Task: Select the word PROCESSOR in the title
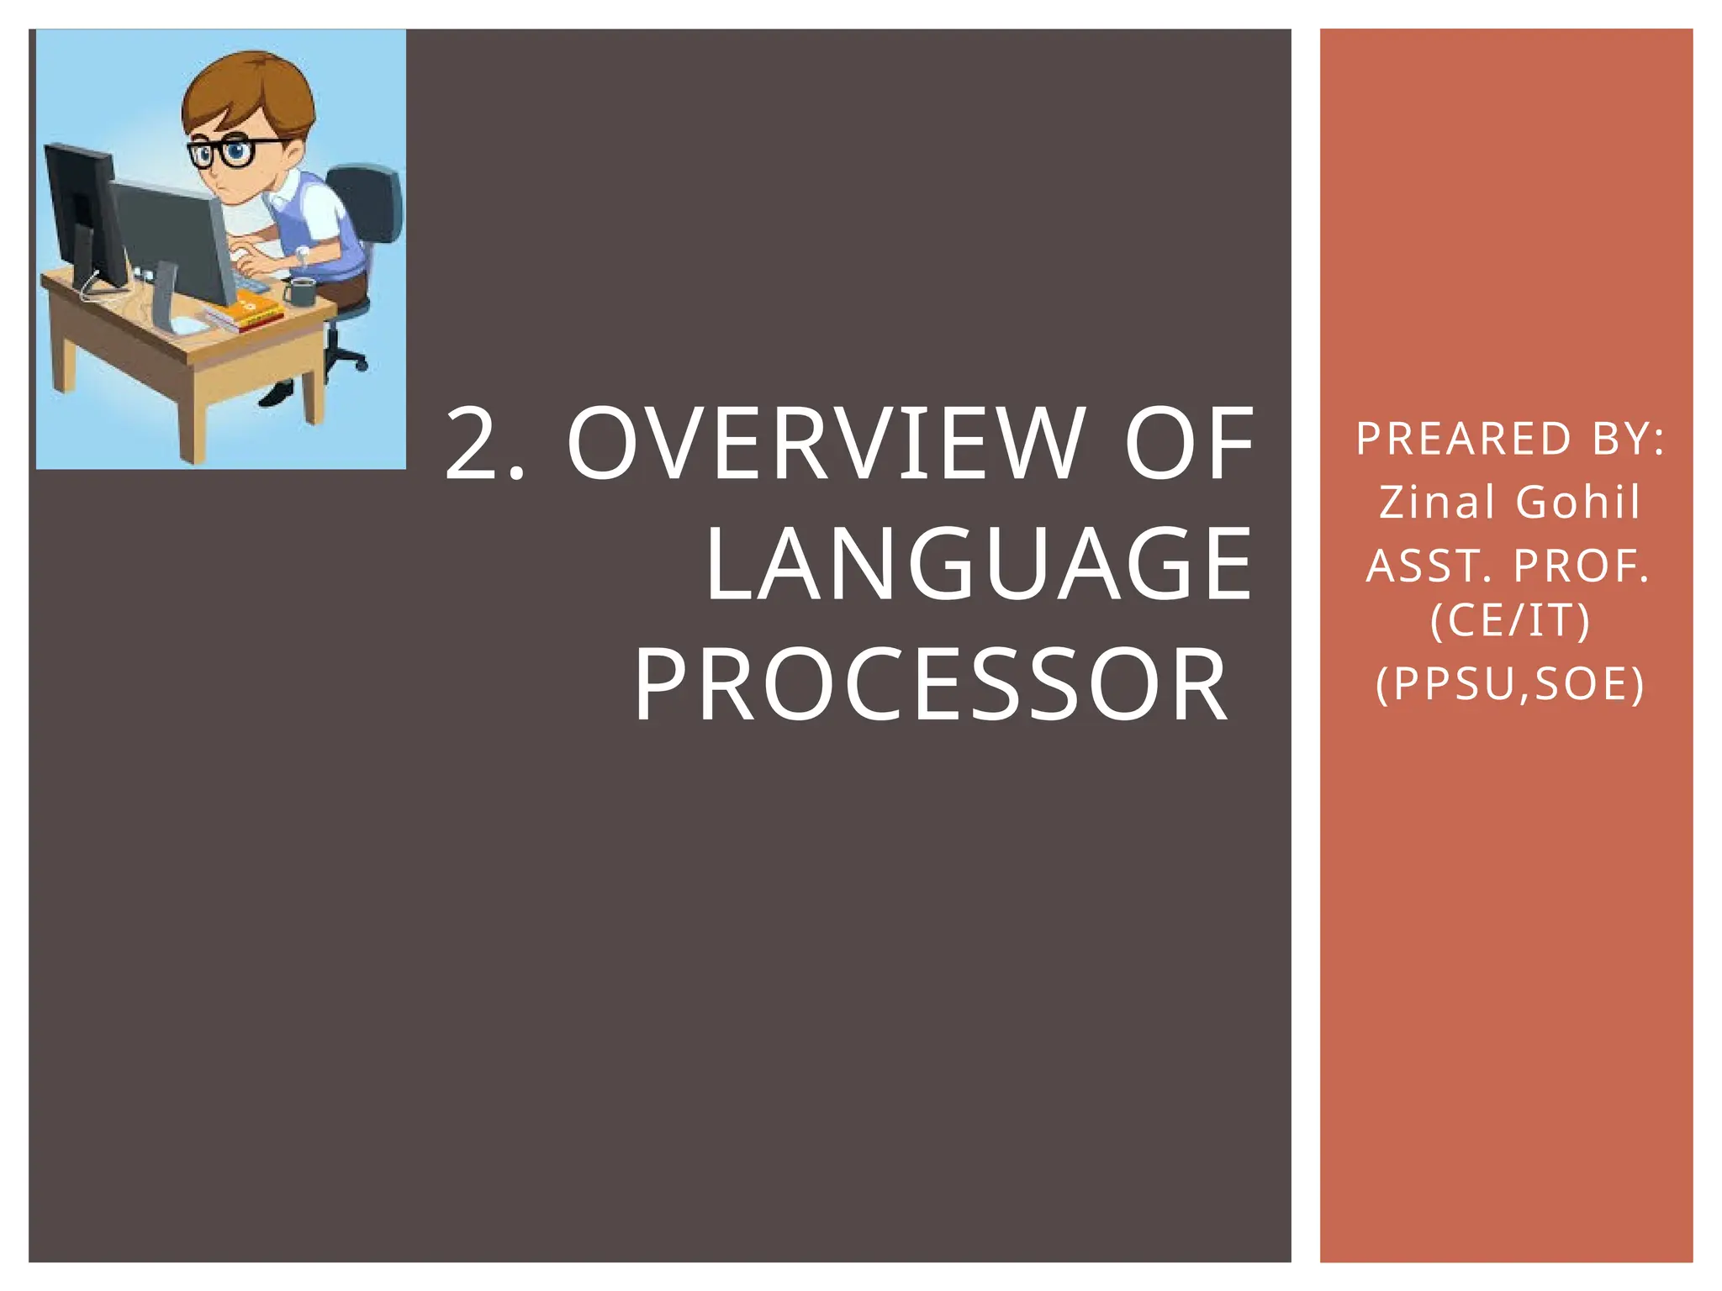(x=931, y=685)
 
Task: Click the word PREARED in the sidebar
(x=1463, y=439)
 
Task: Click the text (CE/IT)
(x=1509, y=621)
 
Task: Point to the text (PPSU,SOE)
(x=1509, y=683)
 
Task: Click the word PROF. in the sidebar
(x=1582, y=566)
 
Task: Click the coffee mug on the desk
(x=299, y=292)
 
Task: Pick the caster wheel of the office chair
(x=360, y=366)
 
